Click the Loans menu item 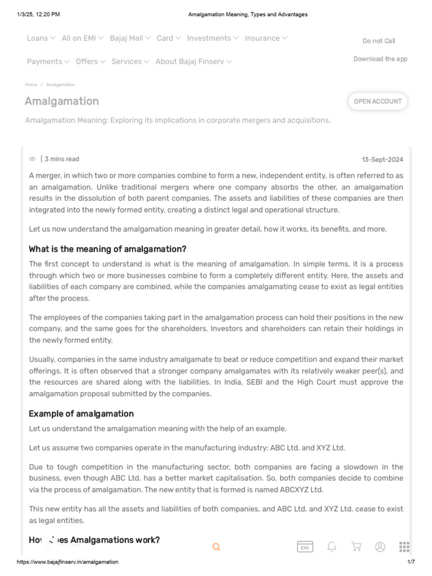point(40,38)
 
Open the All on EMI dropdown point(82,38)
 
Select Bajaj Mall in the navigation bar point(130,38)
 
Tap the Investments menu point(212,38)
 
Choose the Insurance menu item point(266,38)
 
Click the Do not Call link point(379,41)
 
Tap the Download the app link point(380,59)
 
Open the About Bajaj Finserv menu point(193,61)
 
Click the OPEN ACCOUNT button point(377,101)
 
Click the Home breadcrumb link point(31,84)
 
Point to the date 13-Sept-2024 point(382,160)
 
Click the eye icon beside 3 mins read point(33,159)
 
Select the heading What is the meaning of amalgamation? point(107,249)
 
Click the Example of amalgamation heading point(81,413)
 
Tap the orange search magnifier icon point(217,547)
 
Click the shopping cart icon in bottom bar point(355,547)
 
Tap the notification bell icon point(332,547)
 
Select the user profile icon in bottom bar point(380,547)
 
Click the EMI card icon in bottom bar point(305,547)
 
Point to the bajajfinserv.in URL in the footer point(67,562)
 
